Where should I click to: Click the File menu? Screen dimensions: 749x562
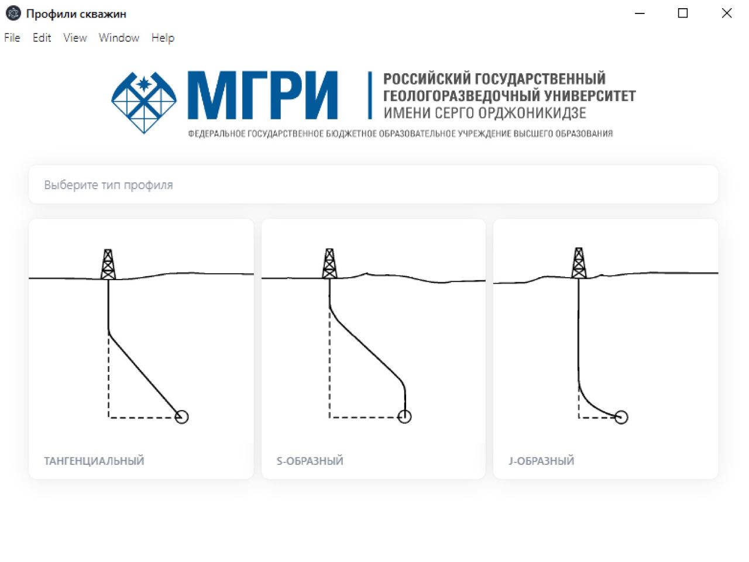click(x=12, y=37)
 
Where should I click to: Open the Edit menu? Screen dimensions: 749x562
click(x=42, y=37)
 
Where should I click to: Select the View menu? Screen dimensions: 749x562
click(x=75, y=37)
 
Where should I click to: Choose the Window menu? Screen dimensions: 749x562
click(x=119, y=37)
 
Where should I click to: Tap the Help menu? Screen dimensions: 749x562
click(x=163, y=38)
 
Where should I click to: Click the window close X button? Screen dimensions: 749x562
click(x=727, y=13)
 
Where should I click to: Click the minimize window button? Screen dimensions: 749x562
click(x=640, y=13)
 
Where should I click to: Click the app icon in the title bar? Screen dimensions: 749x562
click(x=13, y=13)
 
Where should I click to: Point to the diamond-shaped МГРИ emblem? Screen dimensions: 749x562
click(x=144, y=102)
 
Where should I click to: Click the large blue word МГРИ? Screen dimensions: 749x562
click(x=263, y=95)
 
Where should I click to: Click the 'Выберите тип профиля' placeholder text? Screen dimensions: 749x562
click(x=108, y=185)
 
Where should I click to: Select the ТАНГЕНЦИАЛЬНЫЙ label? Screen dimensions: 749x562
click(x=94, y=461)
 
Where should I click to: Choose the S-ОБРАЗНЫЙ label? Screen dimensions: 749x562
click(x=310, y=461)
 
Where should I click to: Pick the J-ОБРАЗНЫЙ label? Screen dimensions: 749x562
click(x=541, y=461)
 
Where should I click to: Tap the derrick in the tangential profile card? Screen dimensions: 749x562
click(x=108, y=264)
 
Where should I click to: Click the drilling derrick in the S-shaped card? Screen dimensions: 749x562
click(x=329, y=263)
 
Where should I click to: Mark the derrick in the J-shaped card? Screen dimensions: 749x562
click(x=579, y=263)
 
